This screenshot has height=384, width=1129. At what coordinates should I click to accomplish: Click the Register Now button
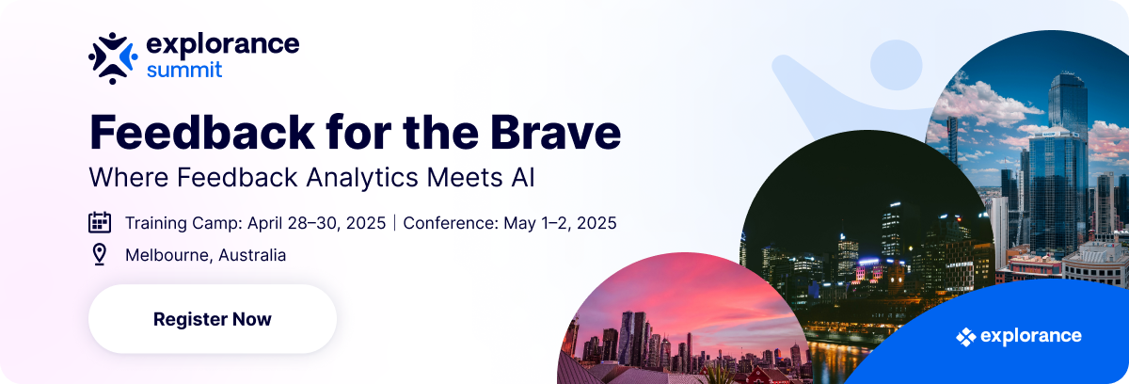tap(213, 318)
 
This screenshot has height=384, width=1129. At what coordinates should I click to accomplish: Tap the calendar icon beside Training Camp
tap(100, 222)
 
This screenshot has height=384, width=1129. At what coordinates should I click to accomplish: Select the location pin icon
tap(100, 254)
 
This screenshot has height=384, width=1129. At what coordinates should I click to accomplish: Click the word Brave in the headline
tap(555, 132)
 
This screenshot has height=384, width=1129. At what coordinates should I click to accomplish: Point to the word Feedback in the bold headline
tap(202, 132)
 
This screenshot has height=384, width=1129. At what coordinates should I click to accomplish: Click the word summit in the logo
tap(184, 70)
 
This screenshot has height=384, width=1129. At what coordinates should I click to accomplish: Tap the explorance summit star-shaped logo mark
tap(113, 58)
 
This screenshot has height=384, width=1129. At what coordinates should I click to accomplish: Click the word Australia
tap(252, 255)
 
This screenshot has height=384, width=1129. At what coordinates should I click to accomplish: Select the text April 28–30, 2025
tap(316, 223)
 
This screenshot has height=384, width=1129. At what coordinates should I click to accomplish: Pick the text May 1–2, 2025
tap(560, 223)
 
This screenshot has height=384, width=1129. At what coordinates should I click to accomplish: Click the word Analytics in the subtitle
tap(362, 178)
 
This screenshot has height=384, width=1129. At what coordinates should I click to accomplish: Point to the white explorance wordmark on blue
tap(1031, 336)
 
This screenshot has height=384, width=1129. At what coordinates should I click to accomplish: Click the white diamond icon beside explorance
tap(965, 337)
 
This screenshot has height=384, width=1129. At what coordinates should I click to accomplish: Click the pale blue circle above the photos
tap(896, 65)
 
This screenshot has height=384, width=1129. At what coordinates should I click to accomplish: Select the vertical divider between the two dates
tap(394, 223)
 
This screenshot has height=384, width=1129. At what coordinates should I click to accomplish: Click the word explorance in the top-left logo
tap(223, 44)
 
